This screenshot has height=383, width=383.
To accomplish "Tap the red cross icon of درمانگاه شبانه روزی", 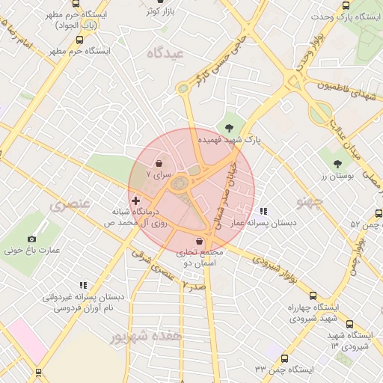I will point(135,200).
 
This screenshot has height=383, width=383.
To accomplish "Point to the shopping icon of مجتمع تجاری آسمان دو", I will point(198,242).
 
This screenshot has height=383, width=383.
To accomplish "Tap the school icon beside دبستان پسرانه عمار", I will point(263,211).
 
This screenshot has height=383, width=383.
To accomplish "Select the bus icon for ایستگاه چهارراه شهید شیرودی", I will point(313,295).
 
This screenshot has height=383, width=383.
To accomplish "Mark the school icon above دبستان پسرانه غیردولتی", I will point(83,285).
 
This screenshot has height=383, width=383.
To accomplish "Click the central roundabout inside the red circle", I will point(180,183).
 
